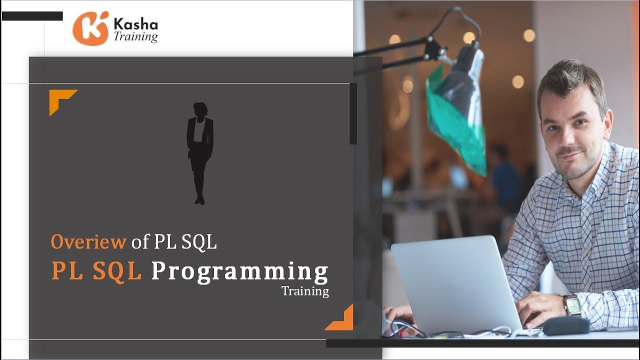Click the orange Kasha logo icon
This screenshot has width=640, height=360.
(x=90, y=28)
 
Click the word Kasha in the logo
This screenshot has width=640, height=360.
(x=135, y=24)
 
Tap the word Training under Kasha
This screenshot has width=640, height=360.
(x=135, y=36)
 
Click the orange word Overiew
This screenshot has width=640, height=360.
(x=88, y=242)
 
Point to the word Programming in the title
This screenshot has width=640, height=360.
(x=239, y=271)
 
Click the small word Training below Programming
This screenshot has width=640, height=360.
(x=305, y=291)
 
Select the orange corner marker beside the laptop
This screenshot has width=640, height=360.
(x=341, y=319)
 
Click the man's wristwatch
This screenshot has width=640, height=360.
(x=572, y=304)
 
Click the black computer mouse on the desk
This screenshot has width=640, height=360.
(x=566, y=326)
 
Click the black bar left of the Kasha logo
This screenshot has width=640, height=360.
(x=32, y=16)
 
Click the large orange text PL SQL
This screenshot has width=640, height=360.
(x=96, y=271)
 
